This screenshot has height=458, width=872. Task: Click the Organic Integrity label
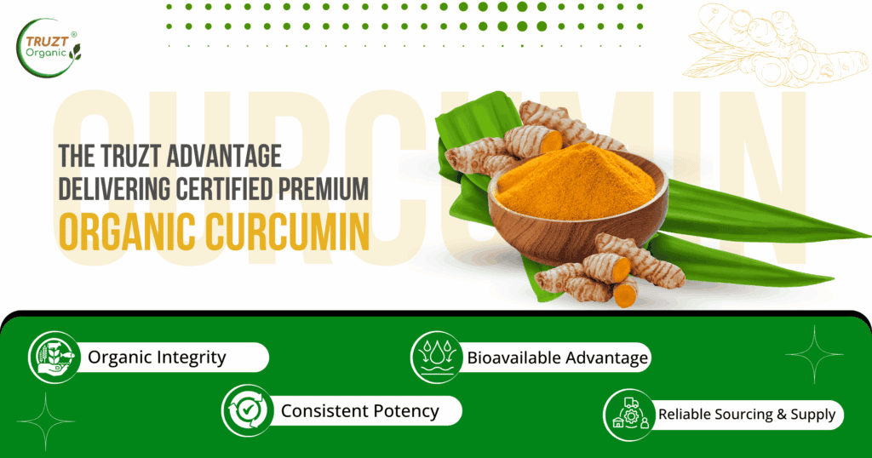click(x=157, y=357)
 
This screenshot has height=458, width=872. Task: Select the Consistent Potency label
click(x=359, y=411)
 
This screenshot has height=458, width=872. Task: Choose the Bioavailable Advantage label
click(x=557, y=358)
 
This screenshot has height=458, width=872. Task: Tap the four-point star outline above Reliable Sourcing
click(x=813, y=353)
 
